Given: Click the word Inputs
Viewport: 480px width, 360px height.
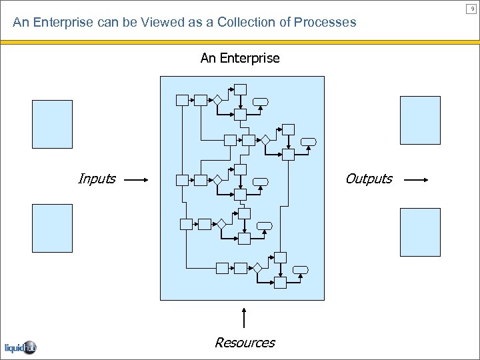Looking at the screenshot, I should pos(97,179).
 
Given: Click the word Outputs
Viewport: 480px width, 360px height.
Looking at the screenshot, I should pos(369,179).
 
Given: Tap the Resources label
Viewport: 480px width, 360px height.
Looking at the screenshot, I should pos(245,343).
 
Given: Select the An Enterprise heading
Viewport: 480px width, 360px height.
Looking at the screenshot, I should pos(240,58).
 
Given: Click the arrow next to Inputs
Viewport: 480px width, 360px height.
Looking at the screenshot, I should pos(135,179).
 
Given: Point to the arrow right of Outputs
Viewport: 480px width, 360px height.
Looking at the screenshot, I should pos(417,179).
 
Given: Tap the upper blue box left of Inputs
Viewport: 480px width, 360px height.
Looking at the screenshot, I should pos(52,124).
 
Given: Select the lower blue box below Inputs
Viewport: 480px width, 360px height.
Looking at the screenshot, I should pos(52,228).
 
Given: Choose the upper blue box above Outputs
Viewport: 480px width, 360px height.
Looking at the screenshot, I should pos(420,120).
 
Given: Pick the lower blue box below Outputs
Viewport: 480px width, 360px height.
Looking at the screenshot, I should pos(420,232).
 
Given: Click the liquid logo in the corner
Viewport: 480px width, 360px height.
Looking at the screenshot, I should pos(20,347).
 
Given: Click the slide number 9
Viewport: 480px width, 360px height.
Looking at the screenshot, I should pos(473,8).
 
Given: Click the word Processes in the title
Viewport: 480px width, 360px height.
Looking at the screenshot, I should pos(326,22).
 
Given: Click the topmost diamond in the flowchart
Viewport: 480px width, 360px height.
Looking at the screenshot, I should pos(217,100).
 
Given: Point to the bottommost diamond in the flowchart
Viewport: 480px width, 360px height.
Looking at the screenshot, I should pos(257,268).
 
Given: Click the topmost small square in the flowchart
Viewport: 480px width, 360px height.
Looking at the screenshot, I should pos(240,89).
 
